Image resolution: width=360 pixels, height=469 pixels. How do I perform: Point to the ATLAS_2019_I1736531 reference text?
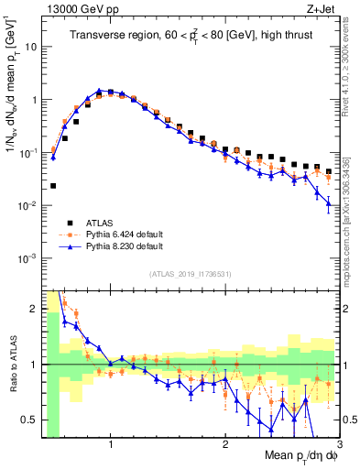click(190, 274)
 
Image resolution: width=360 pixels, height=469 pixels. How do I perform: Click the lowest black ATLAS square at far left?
click(53, 186)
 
